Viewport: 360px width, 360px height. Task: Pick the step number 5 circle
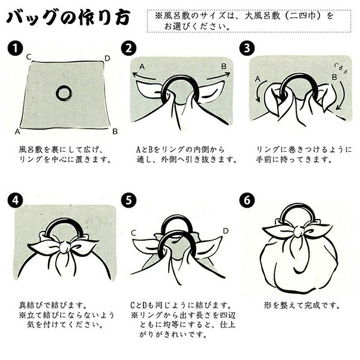[128, 200]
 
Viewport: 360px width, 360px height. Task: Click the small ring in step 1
[64, 92]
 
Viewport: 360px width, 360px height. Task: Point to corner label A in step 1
[18, 131]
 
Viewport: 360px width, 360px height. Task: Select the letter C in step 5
[133, 232]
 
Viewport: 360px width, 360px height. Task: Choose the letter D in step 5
[226, 230]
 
